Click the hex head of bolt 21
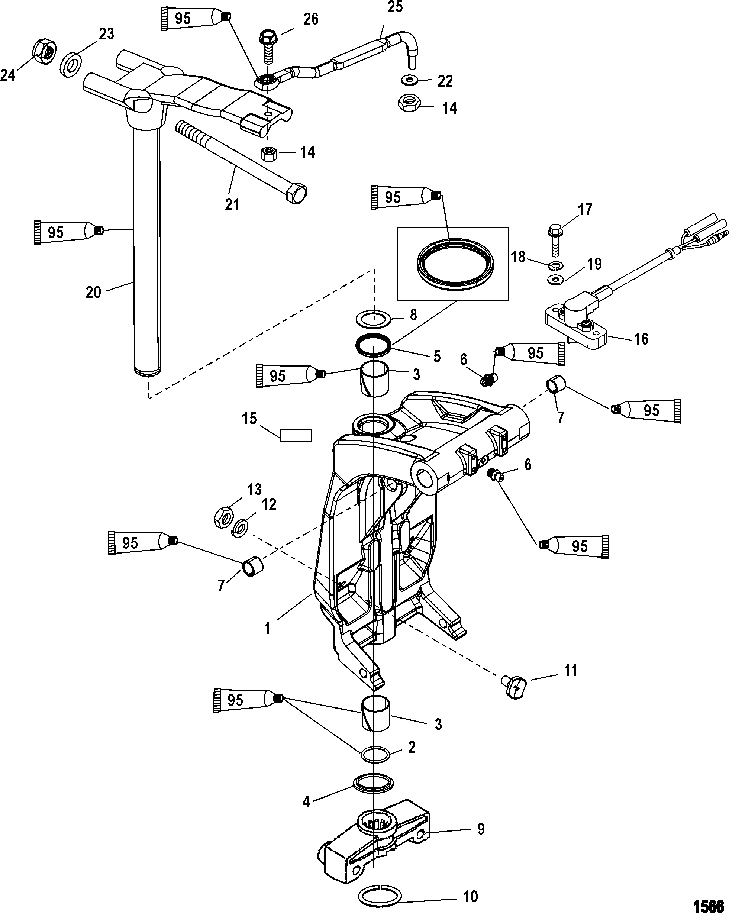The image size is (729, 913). [297, 194]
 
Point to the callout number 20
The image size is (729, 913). [93, 292]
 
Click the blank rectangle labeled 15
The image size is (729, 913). [296, 435]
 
